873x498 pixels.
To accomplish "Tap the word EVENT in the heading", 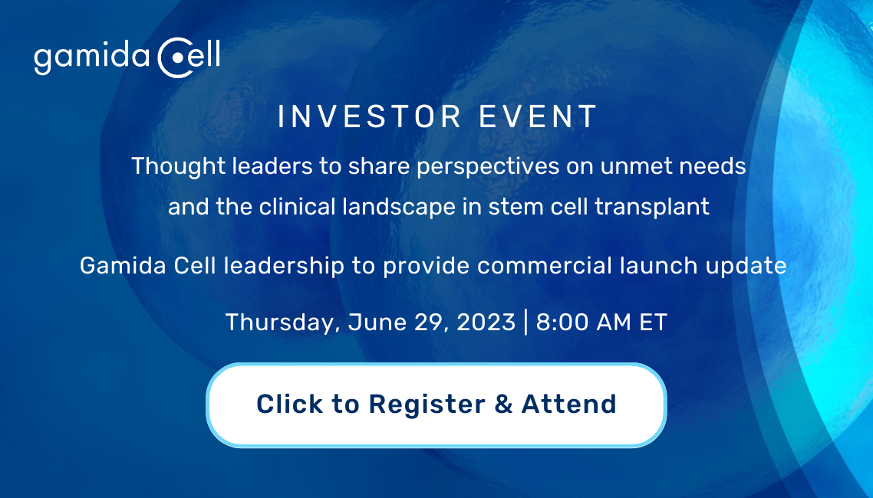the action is click(539, 116).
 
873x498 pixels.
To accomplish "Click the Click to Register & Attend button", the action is click(436, 405).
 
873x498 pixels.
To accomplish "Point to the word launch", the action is click(659, 266).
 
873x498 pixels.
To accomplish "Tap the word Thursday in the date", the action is click(283, 323).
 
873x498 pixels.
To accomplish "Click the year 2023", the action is click(486, 323).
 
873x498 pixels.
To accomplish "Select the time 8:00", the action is click(562, 323).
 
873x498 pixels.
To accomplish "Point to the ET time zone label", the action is click(653, 323).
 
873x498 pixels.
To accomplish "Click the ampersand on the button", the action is click(503, 404).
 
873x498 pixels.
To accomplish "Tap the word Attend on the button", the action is click(569, 404).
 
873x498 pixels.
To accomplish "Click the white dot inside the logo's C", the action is click(177, 57).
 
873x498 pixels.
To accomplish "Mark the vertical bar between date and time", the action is click(526, 323).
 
